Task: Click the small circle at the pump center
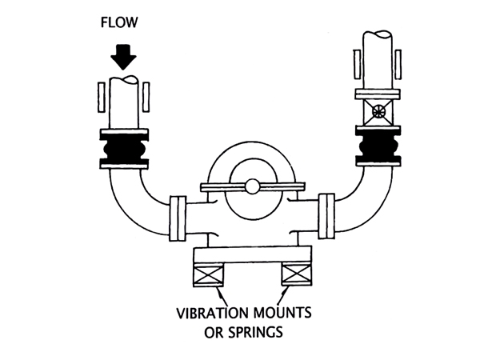(x=251, y=186)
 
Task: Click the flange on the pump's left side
(x=178, y=218)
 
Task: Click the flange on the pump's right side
(x=326, y=215)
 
